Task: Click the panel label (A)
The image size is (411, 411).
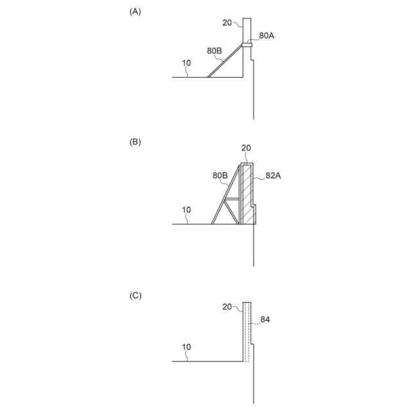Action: (x=135, y=11)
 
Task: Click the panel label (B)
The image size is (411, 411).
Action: (x=135, y=142)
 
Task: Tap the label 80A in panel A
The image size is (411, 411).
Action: (x=267, y=36)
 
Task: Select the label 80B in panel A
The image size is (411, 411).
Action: (x=215, y=50)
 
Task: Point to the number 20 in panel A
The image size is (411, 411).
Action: (x=227, y=22)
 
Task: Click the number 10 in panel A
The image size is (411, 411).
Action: (x=186, y=63)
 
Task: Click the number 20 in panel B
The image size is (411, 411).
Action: (x=246, y=148)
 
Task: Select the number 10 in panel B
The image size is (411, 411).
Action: (x=186, y=209)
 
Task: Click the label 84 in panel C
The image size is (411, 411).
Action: (x=265, y=317)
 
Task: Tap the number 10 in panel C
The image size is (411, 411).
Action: (x=186, y=347)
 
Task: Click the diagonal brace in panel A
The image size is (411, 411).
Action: (x=225, y=62)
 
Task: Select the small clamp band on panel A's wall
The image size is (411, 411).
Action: (x=247, y=44)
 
